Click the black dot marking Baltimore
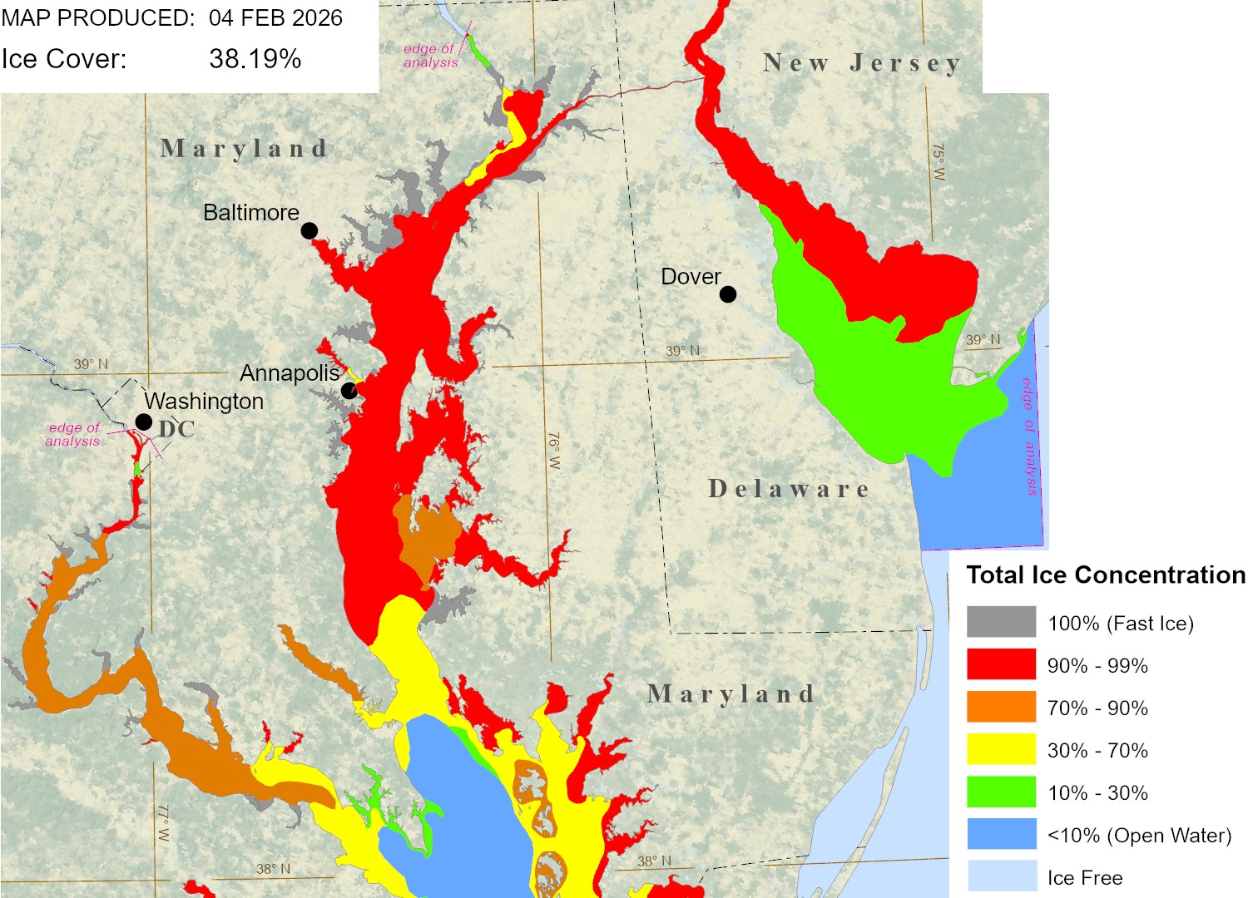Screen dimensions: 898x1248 pos(309,230)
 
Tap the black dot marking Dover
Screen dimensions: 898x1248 pos(728,294)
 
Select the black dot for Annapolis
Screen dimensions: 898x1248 pos(349,391)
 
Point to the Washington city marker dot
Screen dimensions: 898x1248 pos(144,422)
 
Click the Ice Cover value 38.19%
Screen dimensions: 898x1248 pos(255,59)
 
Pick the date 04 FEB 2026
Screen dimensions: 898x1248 pos(275,17)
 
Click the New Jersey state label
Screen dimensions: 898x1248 pos(862,63)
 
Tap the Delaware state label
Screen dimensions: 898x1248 pos(789,489)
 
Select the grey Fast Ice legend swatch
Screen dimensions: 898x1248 pos(1001,622)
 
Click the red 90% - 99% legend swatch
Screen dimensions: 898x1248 pos(1001,664)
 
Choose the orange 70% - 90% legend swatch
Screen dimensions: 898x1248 pos(1001,707)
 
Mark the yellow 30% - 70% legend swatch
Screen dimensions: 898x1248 pos(1001,749)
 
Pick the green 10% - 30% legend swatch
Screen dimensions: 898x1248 pos(1001,792)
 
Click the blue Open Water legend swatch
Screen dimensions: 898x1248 pos(1001,834)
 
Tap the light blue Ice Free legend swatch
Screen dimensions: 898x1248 pos(1001,876)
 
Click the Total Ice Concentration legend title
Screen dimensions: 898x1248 pos(1106,575)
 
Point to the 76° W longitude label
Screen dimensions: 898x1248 pos(554,451)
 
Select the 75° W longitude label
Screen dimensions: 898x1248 pos(938,163)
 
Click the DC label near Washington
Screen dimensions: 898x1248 pos(176,429)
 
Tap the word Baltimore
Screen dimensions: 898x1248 pos(251,213)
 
